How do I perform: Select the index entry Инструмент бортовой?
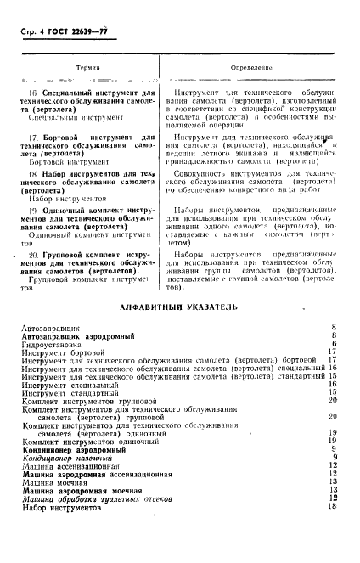point(65,352)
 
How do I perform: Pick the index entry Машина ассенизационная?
point(71,465)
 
